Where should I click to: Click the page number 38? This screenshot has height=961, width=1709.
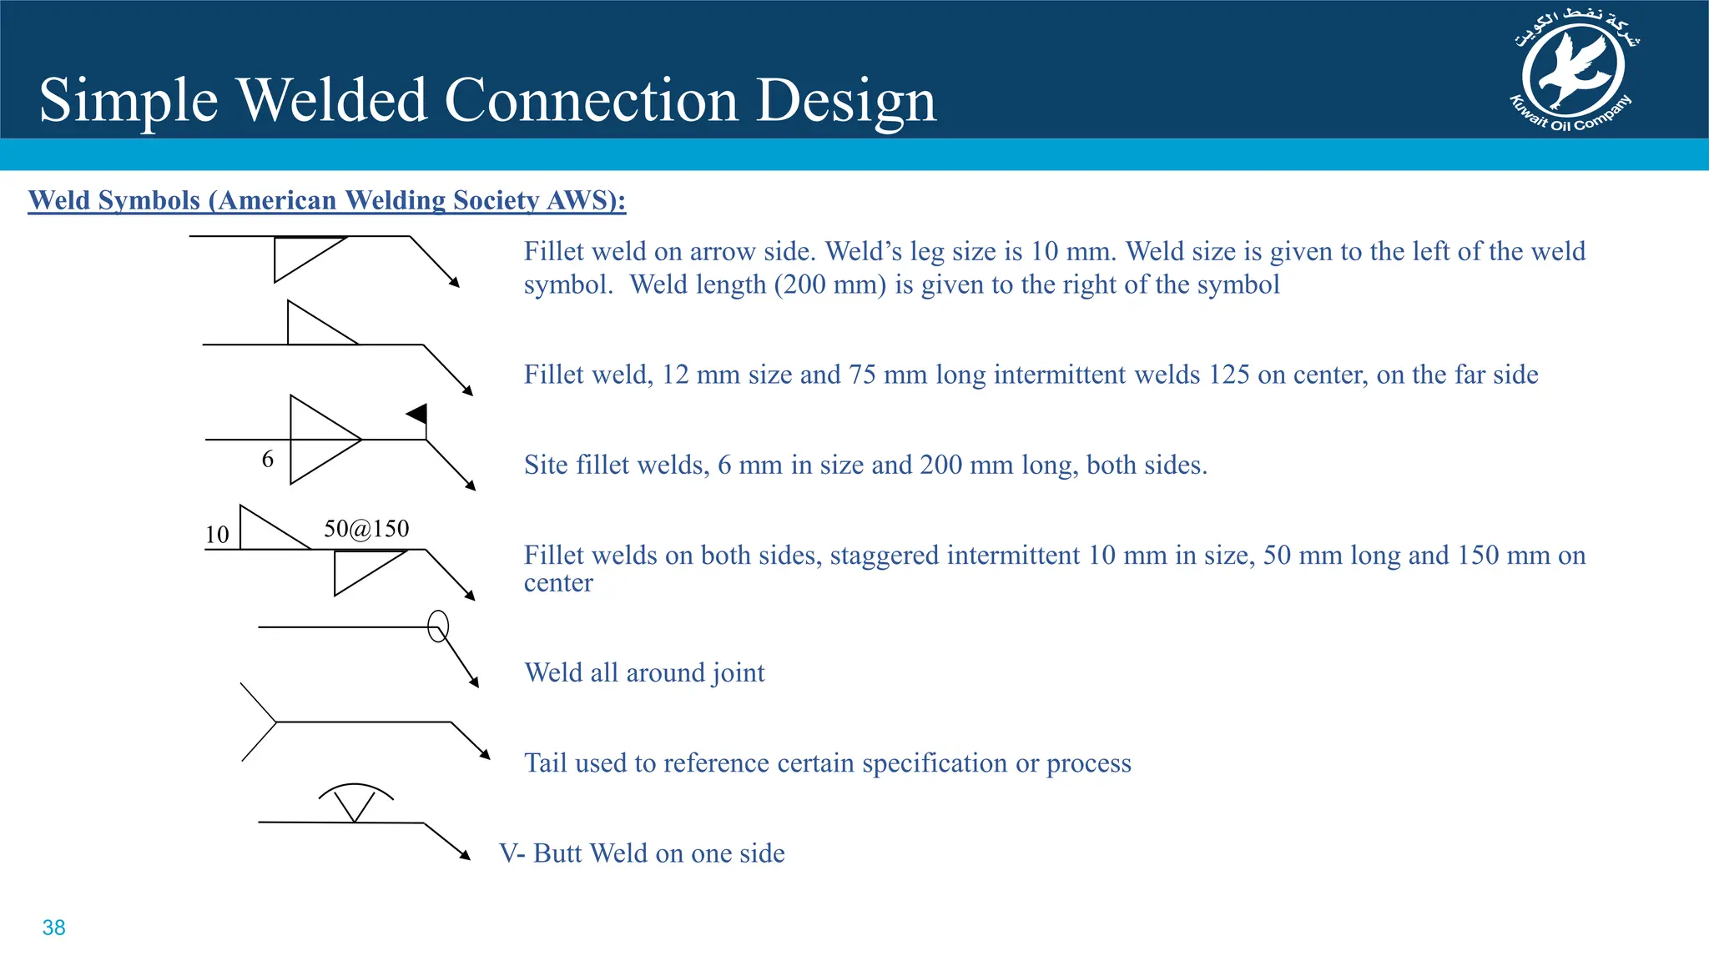(x=53, y=928)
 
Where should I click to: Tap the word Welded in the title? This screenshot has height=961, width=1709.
(x=333, y=101)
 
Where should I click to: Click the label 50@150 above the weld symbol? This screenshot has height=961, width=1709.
(x=366, y=529)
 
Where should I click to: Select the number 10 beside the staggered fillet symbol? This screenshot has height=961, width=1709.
(x=217, y=535)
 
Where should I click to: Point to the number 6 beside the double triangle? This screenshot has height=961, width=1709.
(x=267, y=460)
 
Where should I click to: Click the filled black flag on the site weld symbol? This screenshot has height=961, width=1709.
(x=418, y=414)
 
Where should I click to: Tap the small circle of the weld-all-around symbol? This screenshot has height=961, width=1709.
(x=438, y=626)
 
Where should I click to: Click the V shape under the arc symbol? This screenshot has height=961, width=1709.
(x=354, y=806)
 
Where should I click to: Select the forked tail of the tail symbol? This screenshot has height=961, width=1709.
(x=259, y=722)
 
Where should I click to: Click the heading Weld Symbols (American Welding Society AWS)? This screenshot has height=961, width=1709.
(x=326, y=200)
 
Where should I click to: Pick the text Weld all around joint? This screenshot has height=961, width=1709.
(x=644, y=672)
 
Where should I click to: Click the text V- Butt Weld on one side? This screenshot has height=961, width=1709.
(x=642, y=853)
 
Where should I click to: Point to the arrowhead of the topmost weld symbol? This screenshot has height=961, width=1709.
(x=455, y=283)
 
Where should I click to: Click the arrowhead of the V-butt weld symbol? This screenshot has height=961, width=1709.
(x=466, y=855)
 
